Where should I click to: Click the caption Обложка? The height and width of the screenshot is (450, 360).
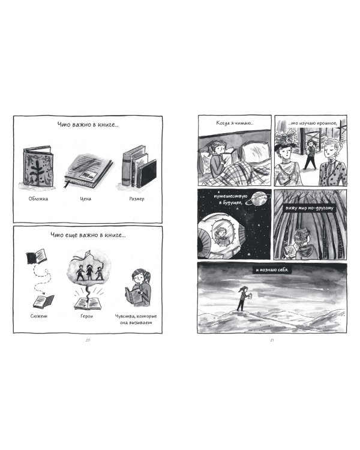(x=38, y=199)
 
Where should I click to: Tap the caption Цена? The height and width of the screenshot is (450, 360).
(x=86, y=199)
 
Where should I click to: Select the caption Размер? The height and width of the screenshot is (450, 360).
(x=137, y=199)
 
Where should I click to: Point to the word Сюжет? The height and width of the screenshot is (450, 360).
(x=39, y=316)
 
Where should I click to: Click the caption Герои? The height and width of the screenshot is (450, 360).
(x=87, y=316)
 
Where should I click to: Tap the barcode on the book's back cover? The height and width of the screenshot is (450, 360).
(x=88, y=175)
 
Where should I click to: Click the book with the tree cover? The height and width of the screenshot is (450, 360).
(x=38, y=166)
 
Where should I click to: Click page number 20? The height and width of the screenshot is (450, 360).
(x=88, y=340)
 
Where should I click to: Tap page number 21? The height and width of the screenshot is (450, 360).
(x=272, y=340)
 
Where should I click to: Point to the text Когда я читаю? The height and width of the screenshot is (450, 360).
(x=235, y=123)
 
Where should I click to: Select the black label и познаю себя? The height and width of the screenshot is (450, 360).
(x=272, y=270)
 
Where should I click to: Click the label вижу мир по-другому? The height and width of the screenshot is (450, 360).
(x=309, y=208)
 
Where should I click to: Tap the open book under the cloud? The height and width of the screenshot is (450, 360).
(x=88, y=304)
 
